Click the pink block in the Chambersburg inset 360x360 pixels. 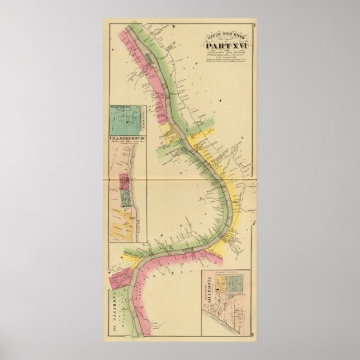[x=124, y=182]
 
